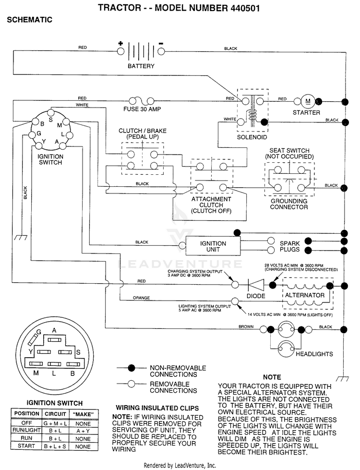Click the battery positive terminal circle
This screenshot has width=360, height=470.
120,51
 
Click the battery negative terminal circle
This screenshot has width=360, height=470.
161,51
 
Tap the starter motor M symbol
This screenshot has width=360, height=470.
308,101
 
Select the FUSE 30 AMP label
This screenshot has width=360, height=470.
142,109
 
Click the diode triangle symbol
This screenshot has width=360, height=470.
256,285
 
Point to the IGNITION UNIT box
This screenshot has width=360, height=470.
213,246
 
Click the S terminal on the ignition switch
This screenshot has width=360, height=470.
51,113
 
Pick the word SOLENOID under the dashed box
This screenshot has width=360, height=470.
252,137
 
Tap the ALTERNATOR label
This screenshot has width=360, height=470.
305,295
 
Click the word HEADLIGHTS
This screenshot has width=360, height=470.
314,354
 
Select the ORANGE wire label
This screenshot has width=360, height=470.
142,298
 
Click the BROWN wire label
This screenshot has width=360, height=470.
246,326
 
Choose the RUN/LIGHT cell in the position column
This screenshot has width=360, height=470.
27,430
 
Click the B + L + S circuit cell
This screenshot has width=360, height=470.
55,446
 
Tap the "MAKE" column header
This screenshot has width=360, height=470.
83,414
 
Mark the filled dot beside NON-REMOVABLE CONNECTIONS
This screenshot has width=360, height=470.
132,368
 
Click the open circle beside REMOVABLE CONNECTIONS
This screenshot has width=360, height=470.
132,384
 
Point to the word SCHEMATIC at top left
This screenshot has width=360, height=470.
29,20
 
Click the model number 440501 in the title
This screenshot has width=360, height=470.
245,8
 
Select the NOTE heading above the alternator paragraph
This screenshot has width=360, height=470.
272,377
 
